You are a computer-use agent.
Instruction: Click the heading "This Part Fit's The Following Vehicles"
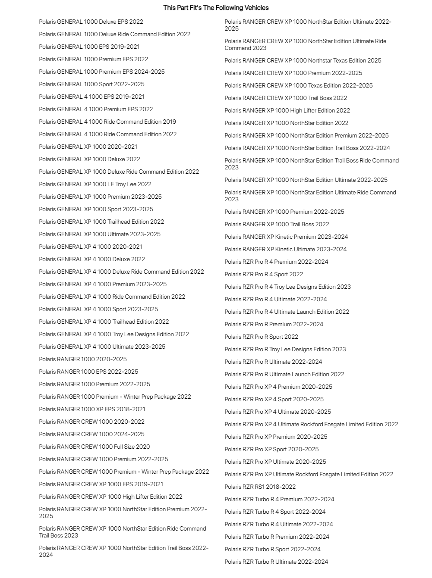click(x=216, y=8)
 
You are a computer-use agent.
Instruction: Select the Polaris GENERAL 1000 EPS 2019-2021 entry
click(x=89, y=47)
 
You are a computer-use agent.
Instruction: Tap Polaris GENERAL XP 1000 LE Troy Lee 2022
click(x=95, y=184)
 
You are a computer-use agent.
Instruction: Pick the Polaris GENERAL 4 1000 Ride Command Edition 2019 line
click(x=107, y=122)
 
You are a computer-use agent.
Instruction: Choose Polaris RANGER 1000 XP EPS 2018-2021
click(x=92, y=409)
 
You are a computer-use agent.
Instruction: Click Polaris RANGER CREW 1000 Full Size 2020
click(x=95, y=447)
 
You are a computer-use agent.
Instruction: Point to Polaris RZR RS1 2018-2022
click(x=260, y=487)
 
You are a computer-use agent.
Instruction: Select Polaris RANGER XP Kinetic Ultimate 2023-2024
click(x=286, y=249)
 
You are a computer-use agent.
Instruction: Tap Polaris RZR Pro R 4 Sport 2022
click(x=264, y=274)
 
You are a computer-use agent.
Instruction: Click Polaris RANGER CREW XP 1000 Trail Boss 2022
click(x=286, y=98)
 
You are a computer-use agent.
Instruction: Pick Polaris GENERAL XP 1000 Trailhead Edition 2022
click(x=101, y=222)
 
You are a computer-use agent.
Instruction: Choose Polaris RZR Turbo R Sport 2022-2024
click(x=273, y=549)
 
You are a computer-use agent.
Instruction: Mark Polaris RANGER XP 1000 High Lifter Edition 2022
click(x=287, y=110)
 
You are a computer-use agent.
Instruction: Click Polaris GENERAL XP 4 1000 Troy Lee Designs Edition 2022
click(x=114, y=334)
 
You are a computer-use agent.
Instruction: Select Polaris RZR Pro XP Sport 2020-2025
click(x=271, y=449)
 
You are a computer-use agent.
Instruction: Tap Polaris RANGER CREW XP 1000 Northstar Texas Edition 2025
click(x=303, y=60)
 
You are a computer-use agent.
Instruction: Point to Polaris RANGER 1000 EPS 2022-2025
click(x=88, y=372)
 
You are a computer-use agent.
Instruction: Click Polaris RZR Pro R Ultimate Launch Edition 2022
click(x=284, y=374)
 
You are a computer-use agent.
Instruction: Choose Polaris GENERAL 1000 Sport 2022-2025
click(x=92, y=84)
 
